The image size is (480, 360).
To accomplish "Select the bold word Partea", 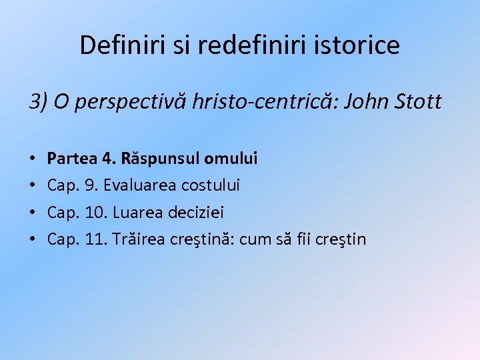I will pos(71,159).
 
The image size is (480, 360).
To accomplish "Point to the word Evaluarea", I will pos(137,186).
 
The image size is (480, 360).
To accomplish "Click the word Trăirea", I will pos(141,239).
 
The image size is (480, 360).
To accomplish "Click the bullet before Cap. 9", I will pos(33,186).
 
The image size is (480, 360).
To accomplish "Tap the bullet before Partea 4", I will pos(33,159).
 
